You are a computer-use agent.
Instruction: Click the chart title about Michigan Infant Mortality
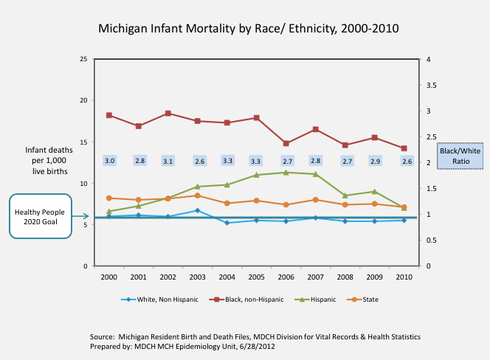click(249, 30)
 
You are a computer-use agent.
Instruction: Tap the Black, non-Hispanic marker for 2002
click(168, 113)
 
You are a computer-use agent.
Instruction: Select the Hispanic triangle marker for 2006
click(286, 172)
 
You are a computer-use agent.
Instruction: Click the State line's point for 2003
click(198, 195)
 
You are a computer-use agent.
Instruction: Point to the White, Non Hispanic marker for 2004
click(227, 222)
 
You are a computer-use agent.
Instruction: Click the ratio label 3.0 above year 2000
click(109, 161)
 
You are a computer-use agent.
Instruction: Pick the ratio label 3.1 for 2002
click(168, 161)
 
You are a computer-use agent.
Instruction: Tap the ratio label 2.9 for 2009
click(374, 161)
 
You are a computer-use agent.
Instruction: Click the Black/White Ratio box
click(460, 156)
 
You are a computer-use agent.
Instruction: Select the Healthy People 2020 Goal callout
click(41, 215)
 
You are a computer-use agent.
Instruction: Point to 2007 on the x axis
click(315, 276)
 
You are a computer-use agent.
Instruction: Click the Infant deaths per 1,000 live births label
click(46, 160)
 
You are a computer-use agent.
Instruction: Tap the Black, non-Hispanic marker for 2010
click(404, 148)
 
